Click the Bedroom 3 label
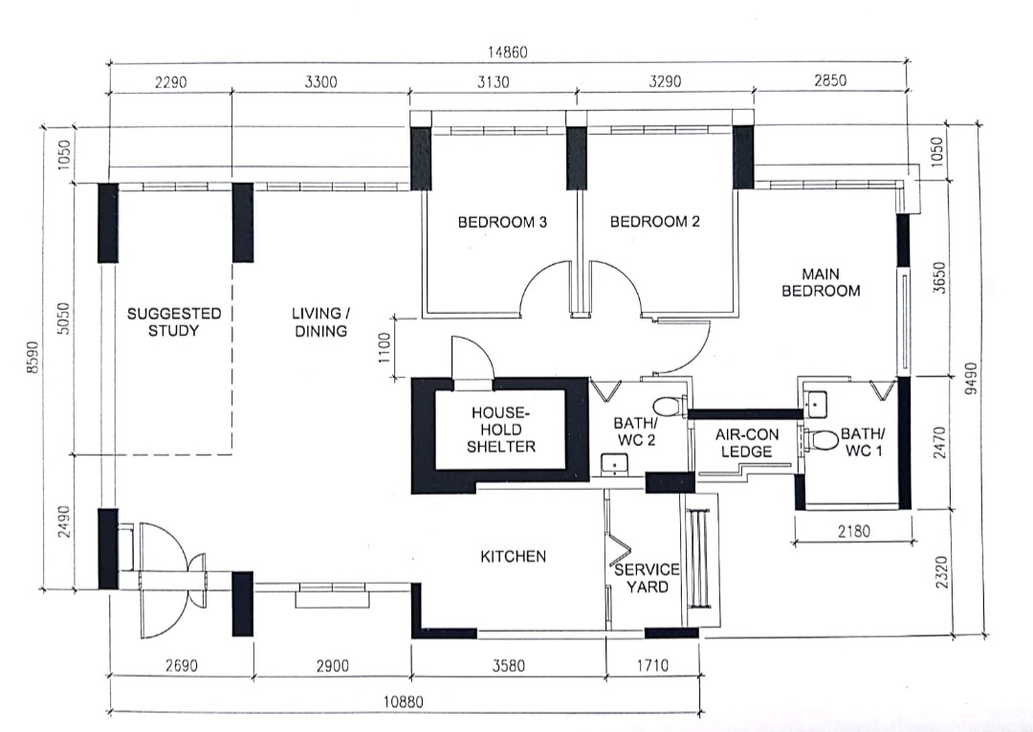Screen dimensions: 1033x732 (502, 222)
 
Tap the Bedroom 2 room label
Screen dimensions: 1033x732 (655, 222)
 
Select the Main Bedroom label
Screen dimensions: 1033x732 (821, 282)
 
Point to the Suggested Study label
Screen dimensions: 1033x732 (174, 322)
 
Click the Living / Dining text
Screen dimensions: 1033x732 (320, 322)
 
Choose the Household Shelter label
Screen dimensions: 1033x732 (500, 430)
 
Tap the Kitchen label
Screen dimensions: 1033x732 (514, 557)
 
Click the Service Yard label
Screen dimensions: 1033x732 (647, 578)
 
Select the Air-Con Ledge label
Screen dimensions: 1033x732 (746, 443)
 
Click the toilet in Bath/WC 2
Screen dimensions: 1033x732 (670, 406)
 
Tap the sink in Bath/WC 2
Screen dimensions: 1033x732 (615, 464)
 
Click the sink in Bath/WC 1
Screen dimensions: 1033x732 (816, 403)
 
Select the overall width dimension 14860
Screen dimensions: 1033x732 (507, 52)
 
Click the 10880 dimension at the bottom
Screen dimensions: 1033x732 (404, 702)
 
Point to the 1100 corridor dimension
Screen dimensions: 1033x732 (385, 347)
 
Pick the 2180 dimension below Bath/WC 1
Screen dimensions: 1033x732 (854, 531)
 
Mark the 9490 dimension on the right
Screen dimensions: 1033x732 (971, 380)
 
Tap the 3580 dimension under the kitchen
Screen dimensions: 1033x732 (509, 665)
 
